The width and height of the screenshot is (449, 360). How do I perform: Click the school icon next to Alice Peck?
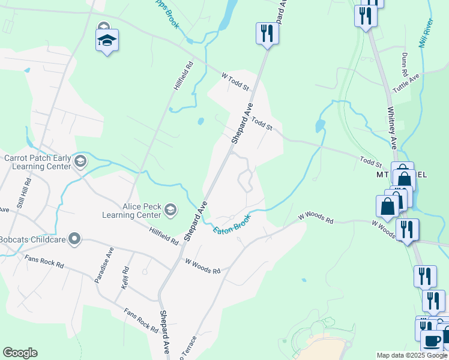pos(170,209)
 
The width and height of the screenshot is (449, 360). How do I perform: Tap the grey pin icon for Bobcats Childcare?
pos(74,239)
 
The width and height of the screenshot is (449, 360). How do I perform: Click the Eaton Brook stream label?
pos(232,222)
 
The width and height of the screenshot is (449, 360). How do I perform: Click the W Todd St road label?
pos(235,82)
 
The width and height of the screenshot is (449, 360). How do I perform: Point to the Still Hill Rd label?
pos(25,194)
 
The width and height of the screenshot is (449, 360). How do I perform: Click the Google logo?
pos(20,353)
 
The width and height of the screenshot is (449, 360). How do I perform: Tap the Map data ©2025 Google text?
pos(412,355)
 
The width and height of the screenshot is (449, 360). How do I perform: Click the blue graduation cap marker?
pos(107,41)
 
